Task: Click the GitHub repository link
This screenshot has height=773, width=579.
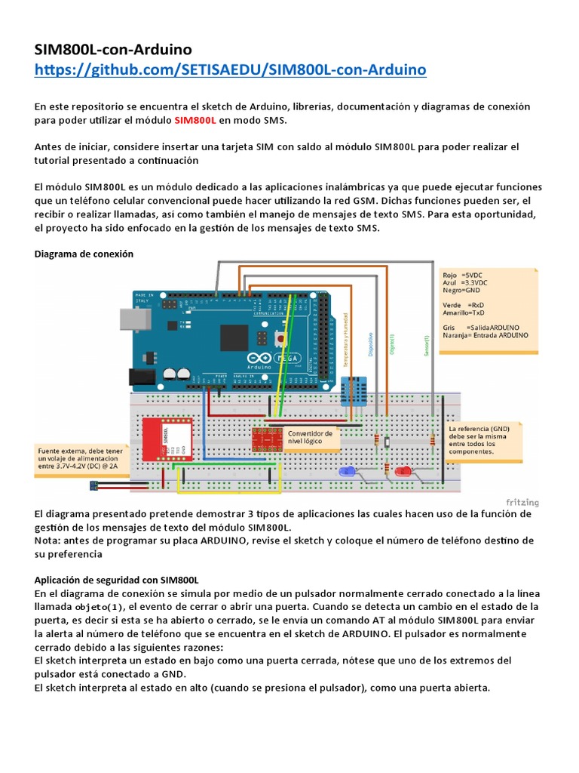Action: [231, 70]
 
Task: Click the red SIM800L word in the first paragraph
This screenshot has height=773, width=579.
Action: [195, 120]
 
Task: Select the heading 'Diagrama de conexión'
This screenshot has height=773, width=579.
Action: [84, 254]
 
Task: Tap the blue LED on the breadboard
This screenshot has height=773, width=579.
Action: [348, 472]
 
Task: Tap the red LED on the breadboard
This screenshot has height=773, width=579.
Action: [404, 472]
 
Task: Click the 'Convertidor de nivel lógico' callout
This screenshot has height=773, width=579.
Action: [310, 439]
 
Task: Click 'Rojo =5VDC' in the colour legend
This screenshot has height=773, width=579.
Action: [461, 276]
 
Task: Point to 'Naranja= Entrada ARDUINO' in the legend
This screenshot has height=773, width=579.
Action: [486, 334]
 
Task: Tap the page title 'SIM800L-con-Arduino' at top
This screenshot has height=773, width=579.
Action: [119, 50]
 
